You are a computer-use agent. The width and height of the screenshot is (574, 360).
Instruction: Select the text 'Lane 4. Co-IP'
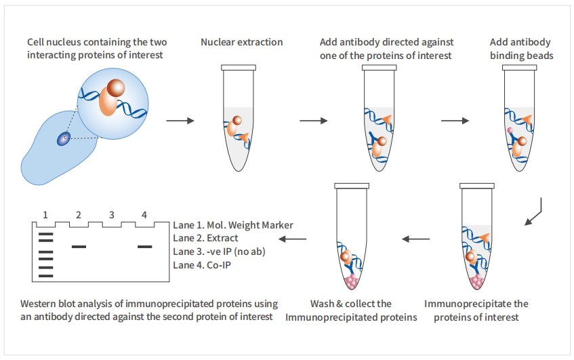[x=201, y=265]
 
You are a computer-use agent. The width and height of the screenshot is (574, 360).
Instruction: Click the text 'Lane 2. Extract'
[x=205, y=238]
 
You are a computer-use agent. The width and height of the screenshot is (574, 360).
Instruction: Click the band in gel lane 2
[x=79, y=247]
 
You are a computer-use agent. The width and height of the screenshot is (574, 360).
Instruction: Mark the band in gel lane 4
[x=144, y=247]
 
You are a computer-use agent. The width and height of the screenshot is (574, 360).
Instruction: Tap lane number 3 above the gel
[x=111, y=215]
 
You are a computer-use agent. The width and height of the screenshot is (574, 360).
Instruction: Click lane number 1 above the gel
[x=45, y=215]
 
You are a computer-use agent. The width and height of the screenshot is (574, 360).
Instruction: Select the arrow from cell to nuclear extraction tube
[x=178, y=121]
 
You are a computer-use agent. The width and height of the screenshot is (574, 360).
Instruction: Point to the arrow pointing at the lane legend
[x=293, y=239]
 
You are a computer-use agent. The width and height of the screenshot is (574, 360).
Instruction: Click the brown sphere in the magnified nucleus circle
[x=116, y=89]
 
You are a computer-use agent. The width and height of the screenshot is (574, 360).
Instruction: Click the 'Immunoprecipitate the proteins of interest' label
[x=476, y=310]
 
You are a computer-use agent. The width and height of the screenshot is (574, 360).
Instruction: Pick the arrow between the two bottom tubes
[x=416, y=239]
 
